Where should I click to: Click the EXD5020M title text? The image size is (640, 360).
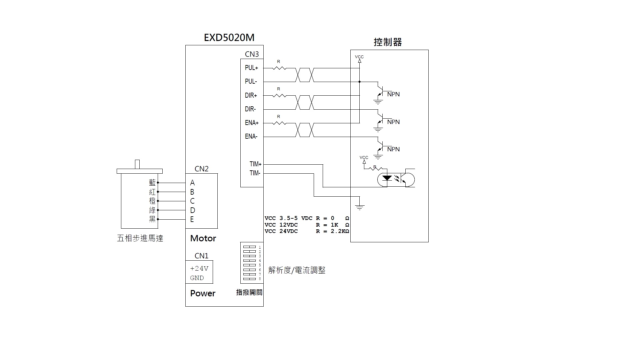click(229, 37)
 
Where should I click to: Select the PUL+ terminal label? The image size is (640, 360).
click(251, 68)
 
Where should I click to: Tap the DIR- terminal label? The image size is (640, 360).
click(250, 109)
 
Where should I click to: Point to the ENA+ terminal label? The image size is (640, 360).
click(252, 123)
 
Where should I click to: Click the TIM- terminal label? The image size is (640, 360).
click(255, 173)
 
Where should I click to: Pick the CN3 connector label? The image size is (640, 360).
click(252, 54)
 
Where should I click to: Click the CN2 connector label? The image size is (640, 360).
click(201, 169)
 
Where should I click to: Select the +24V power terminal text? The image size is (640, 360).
click(199, 268)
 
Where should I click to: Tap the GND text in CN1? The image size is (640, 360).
click(197, 278)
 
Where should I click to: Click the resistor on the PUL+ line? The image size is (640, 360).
click(279, 68)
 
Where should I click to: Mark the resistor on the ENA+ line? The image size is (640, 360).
click(279, 123)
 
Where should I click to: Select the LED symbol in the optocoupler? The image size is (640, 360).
click(387, 178)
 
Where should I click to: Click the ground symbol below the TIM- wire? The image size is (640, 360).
click(359, 207)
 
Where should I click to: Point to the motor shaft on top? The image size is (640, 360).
click(137, 164)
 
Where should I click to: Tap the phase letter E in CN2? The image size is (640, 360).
click(192, 219)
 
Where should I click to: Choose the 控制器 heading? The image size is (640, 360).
click(388, 42)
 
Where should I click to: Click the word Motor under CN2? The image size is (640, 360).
click(203, 238)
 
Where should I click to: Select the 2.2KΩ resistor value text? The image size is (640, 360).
click(340, 231)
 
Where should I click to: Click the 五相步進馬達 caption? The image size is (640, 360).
click(140, 238)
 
